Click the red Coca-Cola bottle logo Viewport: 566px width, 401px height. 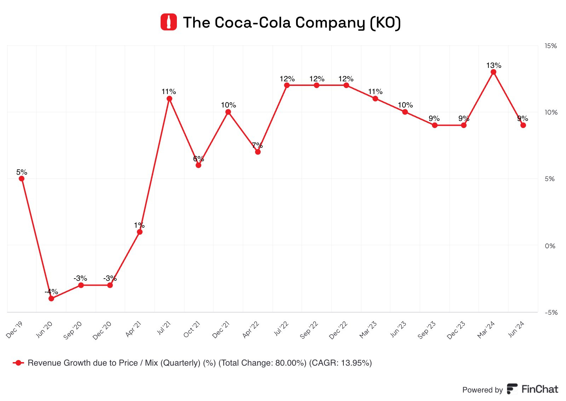pyautogui.click(x=168, y=22)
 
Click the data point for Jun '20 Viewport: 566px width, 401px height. pyautogui.click(x=51, y=298)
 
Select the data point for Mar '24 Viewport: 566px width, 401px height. pyautogui.click(x=493, y=72)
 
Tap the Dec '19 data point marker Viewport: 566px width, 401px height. pyautogui.click(x=22, y=179)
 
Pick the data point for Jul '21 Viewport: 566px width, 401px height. pyautogui.click(x=169, y=99)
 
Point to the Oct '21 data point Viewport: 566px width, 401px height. pyautogui.click(x=198, y=165)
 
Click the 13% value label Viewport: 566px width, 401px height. pyautogui.click(x=493, y=65)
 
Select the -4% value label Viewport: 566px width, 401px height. pyautogui.click(x=51, y=292)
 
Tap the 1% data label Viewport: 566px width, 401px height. pyautogui.click(x=139, y=225)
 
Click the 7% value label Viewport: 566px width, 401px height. pyautogui.click(x=257, y=145)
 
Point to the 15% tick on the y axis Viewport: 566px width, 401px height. pyautogui.click(x=550, y=46)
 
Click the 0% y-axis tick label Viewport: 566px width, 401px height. pyautogui.click(x=550, y=246)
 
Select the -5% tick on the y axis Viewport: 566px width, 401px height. pyautogui.click(x=551, y=313)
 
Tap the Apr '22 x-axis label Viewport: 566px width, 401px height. pyautogui.click(x=251, y=330)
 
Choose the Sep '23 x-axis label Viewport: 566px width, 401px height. pyautogui.click(x=427, y=330)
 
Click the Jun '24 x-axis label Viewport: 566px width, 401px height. pyautogui.click(x=516, y=330)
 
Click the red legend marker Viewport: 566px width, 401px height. pyautogui.click(x=18, y=363)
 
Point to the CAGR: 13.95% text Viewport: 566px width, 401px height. pyautogui.click(x=340, y=363)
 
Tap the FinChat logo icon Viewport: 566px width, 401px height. pyautogui.click(x=512, y=389)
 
